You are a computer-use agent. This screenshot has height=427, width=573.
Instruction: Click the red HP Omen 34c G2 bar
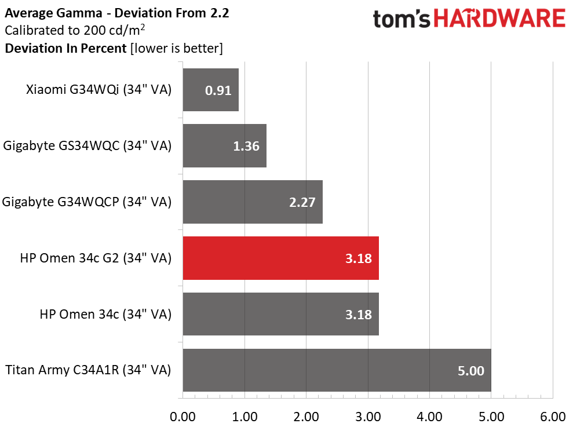pos(280,258)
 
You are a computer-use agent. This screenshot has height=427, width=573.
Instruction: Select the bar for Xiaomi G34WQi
pos(210,90)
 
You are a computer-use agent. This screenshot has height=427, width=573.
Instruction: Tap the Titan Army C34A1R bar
pos(337,370)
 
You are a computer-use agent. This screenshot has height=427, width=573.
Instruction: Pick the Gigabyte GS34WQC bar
pos(224,146)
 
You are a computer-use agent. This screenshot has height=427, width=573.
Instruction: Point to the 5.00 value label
pos(470,371)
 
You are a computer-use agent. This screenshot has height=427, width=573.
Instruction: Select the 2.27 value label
pos(302,203)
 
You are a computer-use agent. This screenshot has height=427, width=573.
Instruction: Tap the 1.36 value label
pos(246,147)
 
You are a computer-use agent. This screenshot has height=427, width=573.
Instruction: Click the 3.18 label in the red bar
pos(358,258)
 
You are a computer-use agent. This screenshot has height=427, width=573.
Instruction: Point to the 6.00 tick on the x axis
pos(553,417)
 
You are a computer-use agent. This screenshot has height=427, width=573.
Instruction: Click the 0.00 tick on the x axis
pos(183,417)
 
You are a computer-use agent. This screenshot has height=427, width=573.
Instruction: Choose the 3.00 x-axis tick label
pos(368,417)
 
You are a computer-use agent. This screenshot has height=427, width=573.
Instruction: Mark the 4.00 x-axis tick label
pos(429,417)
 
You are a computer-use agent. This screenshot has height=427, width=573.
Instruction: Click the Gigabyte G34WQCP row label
pos(87,202)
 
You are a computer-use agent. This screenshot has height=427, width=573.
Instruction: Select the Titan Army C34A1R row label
pos(88,370)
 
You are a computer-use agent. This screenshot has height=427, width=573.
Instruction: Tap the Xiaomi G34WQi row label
pos(99,90)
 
